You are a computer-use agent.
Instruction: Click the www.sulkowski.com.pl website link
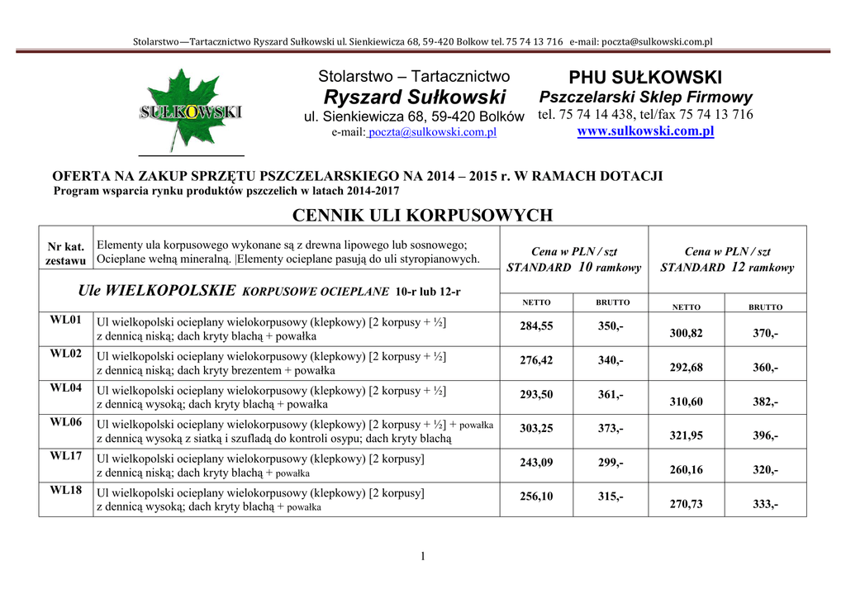click(x=645, y=131)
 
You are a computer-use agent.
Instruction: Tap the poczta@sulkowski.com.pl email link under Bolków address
click(x=432, y=132)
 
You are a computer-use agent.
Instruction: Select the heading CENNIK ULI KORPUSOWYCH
click(x=422, y=216)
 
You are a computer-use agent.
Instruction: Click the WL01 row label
click(x=66, y=320)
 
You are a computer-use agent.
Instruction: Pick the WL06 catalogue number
click(x=66, y=422)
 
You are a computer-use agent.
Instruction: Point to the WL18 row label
click(x=66, y=491)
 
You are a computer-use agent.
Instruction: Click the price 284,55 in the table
click(x=536, y=326)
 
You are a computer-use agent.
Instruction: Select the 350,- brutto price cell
click(x=611, y=326)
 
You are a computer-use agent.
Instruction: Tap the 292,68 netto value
click(x=686, y=368)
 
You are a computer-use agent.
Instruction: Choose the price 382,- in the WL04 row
click(x=765, y=402)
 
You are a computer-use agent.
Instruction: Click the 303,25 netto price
click(x=536, y=429)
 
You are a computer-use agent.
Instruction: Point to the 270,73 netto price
click(x=686, y=503)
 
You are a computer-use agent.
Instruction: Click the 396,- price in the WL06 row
click(x=765, y=435)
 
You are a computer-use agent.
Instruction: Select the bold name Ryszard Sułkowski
click(x=415, y=97)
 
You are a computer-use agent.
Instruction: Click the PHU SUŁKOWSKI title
click(x=645, y=78)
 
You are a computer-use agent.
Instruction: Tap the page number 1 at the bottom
click(x=422, y=556)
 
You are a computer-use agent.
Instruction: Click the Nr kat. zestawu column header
click(x=66, y=254)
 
